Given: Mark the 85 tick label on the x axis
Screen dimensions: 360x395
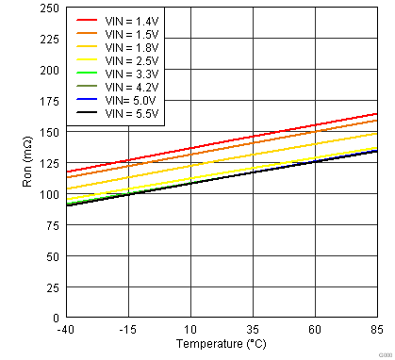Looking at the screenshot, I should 377,329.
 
